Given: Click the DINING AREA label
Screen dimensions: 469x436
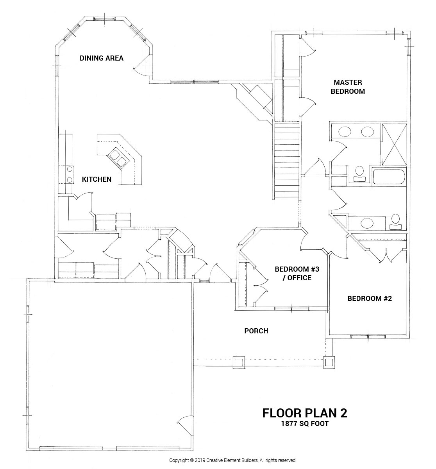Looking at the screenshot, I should [x=102, y=58].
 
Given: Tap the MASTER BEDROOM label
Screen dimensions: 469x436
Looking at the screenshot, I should [x=348, y=87].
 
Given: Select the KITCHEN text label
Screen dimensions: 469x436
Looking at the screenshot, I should [x=96, y=179].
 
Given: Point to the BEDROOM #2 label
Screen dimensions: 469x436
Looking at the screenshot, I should [x=370, y=299].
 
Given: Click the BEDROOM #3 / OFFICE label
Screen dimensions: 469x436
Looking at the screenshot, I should [x=293, y=274].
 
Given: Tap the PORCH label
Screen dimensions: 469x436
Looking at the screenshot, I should [x=256, y=331].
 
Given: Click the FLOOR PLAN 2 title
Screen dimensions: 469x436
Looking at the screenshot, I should [x=304, y=413].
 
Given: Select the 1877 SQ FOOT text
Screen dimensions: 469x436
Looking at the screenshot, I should [x=304, y=423].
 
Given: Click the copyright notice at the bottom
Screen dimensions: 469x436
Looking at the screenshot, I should [x=232, y=460].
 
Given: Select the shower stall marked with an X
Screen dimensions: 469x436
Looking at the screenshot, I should [x=393, y=143].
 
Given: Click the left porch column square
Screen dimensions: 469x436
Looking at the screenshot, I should [x=238, y=362].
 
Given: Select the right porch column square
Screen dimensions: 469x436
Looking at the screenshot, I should [x=330, y=362].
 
